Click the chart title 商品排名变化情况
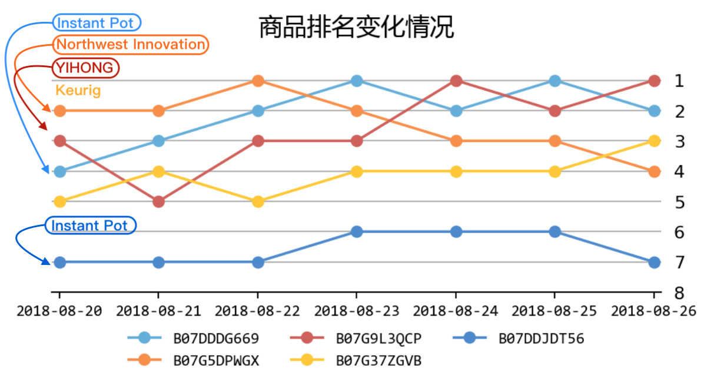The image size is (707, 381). [356, 27]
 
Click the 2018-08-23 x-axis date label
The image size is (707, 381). [356, 311]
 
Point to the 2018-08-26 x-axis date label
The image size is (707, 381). [653, 311]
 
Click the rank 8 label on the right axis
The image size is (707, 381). [679, 293]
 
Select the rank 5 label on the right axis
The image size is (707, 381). [679, 202]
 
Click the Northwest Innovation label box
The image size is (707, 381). [131, 45]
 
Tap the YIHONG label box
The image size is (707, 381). [85, 68]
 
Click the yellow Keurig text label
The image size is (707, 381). [78, 91]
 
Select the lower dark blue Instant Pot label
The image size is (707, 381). [90, 226]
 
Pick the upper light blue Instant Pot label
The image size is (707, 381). [97, 23]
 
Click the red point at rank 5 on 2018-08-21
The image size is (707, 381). [158, 201]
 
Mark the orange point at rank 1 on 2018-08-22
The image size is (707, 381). [257, 81]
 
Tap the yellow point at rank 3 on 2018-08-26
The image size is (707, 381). [653, 141]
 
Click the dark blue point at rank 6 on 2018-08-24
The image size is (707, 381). [455, 232]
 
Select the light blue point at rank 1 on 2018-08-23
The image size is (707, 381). [356, 81]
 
